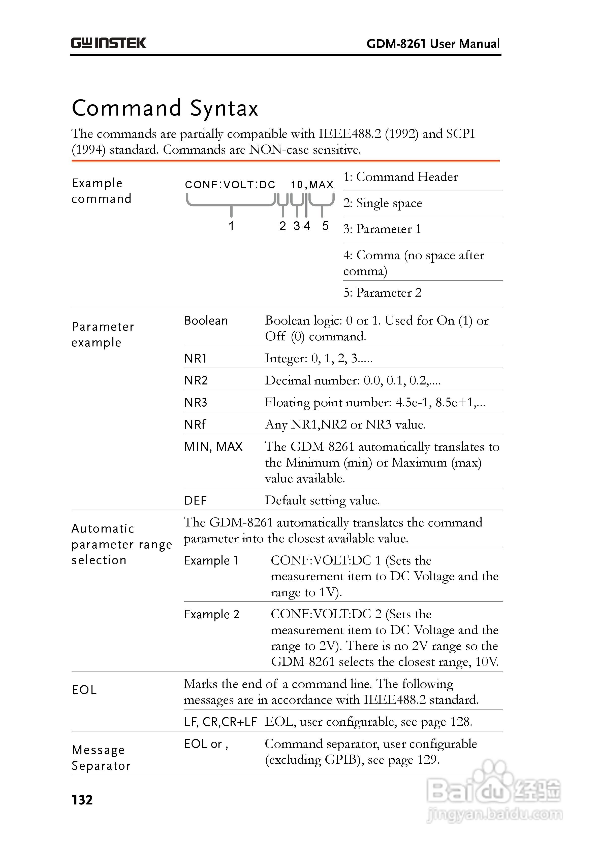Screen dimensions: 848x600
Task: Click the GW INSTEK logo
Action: click(x=108, y=43)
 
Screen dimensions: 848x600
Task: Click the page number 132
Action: click(x=82, y=800)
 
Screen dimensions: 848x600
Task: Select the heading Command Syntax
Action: click(x=165, y=108)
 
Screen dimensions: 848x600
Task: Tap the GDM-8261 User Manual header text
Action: click(x=433, y=44)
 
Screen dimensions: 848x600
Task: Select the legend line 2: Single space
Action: click(x=383, y=203)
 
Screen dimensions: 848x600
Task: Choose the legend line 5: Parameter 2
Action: click(x=382, y=293)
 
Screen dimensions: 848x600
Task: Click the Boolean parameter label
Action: click(x=206, y=321)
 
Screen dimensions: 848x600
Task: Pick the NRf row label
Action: click(x=195, y=424)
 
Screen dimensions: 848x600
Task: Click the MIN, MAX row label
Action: click(x=213, y=446)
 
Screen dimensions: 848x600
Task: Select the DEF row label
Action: click(x=196, y=501)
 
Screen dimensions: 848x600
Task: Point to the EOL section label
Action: click(x=84, y=690)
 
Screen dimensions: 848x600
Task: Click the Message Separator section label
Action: click(x=101, y=758)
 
